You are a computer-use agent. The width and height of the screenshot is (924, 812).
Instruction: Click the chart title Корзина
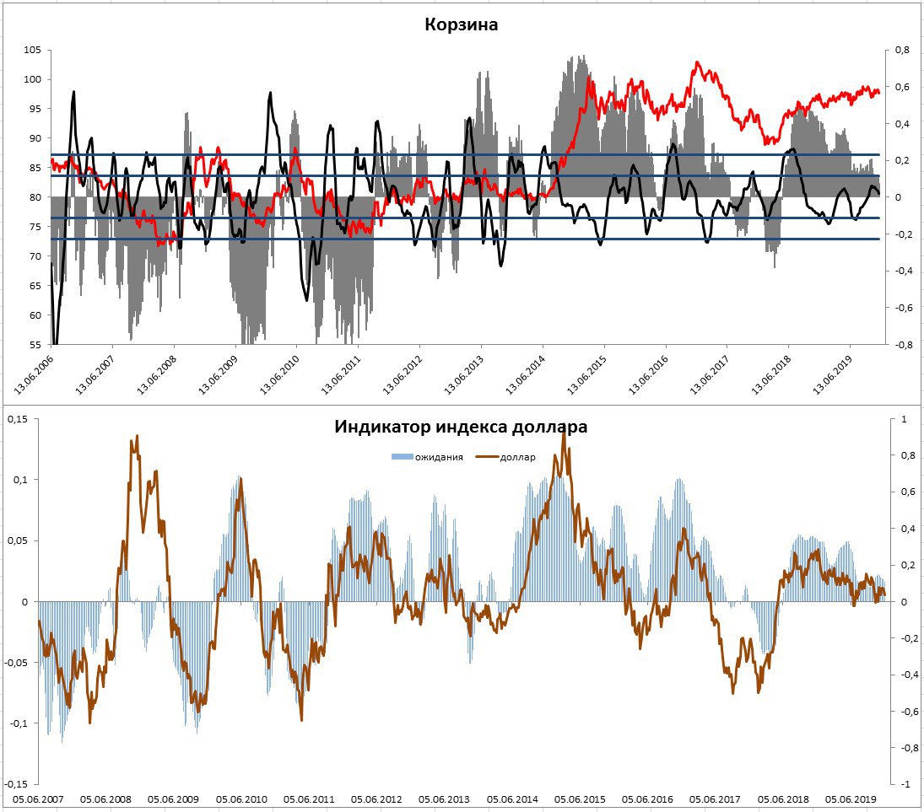(x=461, y=24)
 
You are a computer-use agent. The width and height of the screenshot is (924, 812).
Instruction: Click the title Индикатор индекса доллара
(x=461, y=427)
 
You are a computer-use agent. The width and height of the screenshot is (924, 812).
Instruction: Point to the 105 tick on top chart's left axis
(x=32, y=51)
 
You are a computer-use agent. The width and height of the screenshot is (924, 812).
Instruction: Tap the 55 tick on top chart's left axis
(x=35, y=345)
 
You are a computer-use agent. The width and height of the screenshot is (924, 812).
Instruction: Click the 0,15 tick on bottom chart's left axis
(x=19, y=419)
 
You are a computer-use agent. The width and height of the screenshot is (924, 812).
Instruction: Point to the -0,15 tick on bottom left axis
(x=17, y=783)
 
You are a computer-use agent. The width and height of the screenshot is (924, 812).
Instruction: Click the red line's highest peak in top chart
(x=697, y=62)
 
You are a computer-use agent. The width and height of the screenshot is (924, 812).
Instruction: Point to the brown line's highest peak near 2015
(x=564, y=431)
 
